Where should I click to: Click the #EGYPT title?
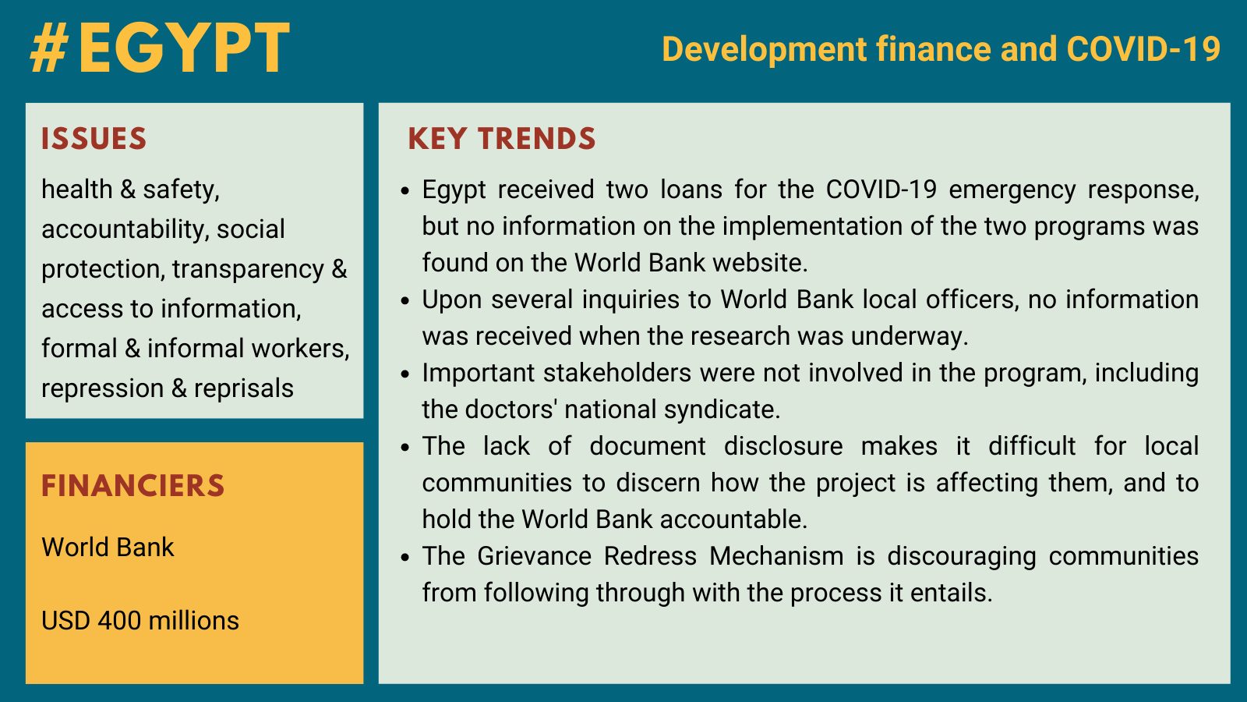160,48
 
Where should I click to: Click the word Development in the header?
765,50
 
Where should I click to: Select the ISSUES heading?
94,139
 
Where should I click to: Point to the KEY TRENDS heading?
502,139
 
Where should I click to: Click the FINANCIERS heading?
132,485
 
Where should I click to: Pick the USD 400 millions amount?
140,621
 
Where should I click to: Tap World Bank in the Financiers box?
108,547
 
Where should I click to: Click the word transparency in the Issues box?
248,270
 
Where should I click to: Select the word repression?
102,389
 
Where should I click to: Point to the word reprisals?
243,388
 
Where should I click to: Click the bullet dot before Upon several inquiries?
405,301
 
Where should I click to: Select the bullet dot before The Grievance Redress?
405,558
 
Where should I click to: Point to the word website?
760,262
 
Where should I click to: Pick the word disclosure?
783,445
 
